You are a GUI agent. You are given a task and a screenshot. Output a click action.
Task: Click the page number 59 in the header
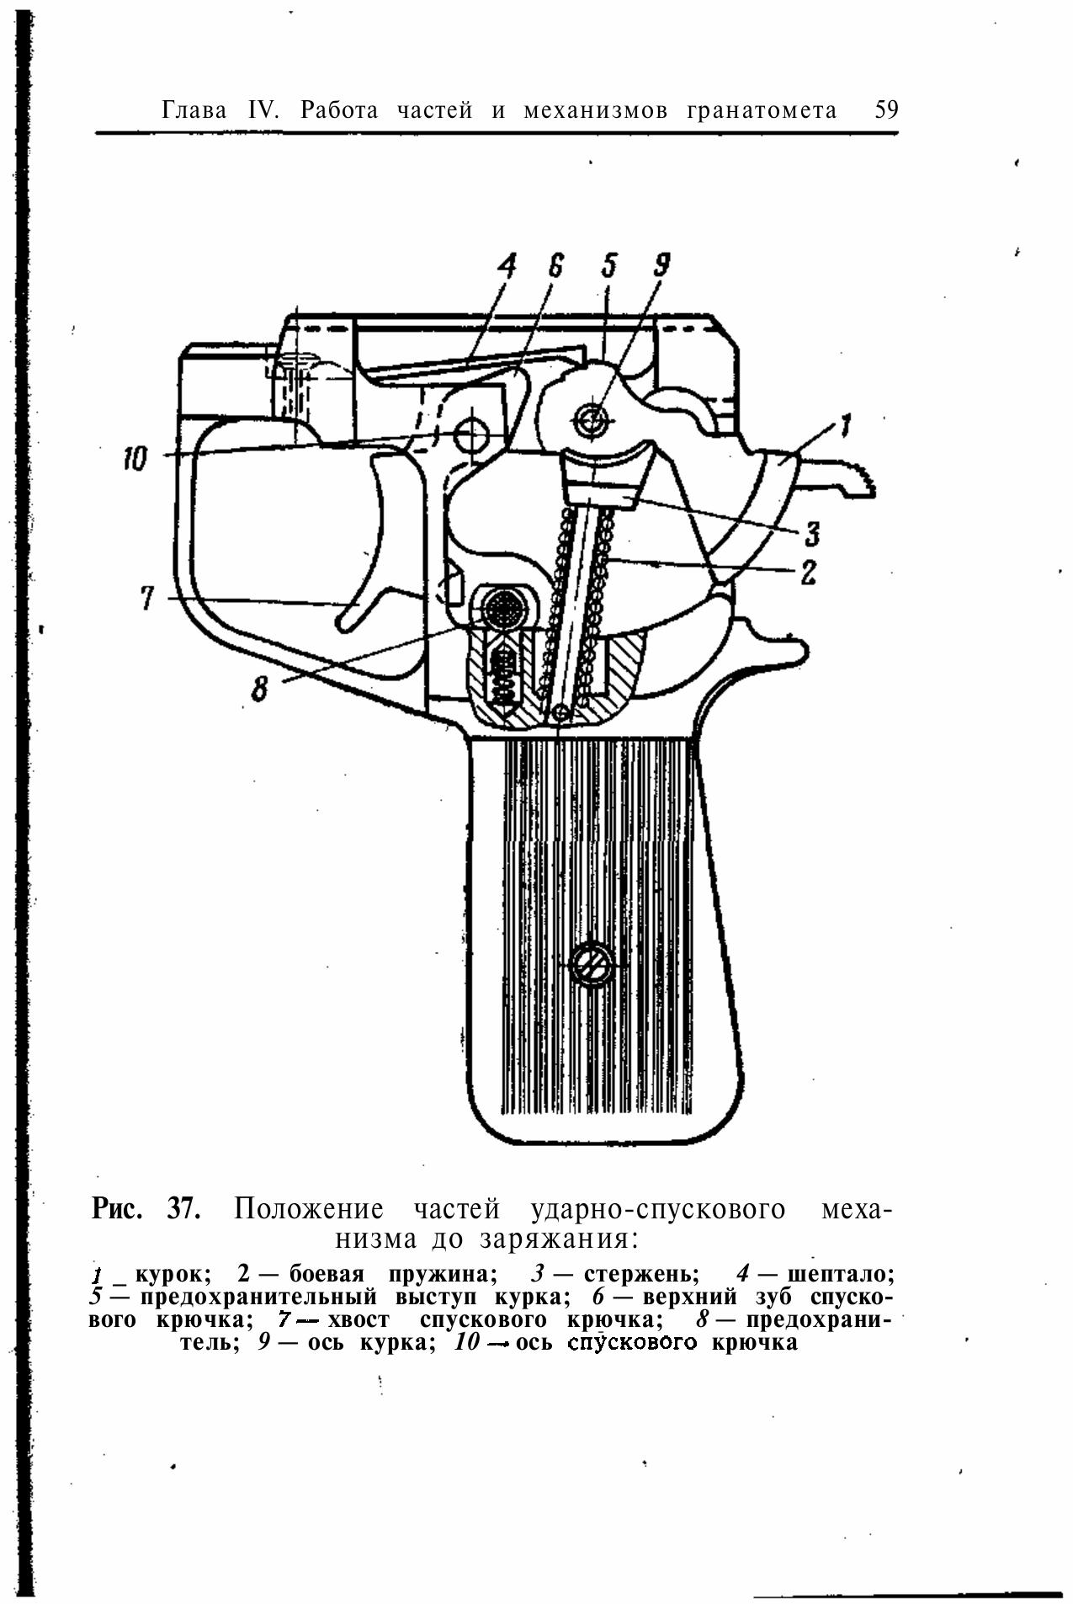click(886, 110)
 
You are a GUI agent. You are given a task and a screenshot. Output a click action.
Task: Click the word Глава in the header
click(194, 110)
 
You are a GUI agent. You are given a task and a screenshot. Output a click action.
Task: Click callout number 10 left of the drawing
click(135, 460)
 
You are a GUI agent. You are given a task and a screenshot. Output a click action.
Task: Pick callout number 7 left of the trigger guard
click(147, 599)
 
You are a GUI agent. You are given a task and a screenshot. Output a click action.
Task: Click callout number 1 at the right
click(846, 425)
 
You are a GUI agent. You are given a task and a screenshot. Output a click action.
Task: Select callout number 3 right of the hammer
click(811, 533)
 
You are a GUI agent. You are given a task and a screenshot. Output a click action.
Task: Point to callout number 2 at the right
click(809, 573)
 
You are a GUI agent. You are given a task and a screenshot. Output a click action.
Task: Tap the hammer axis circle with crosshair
click(591, 418)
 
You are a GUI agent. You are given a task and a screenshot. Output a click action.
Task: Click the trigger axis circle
click(471, 435)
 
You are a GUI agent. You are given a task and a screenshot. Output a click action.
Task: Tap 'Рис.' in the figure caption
click(119, 1209)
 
